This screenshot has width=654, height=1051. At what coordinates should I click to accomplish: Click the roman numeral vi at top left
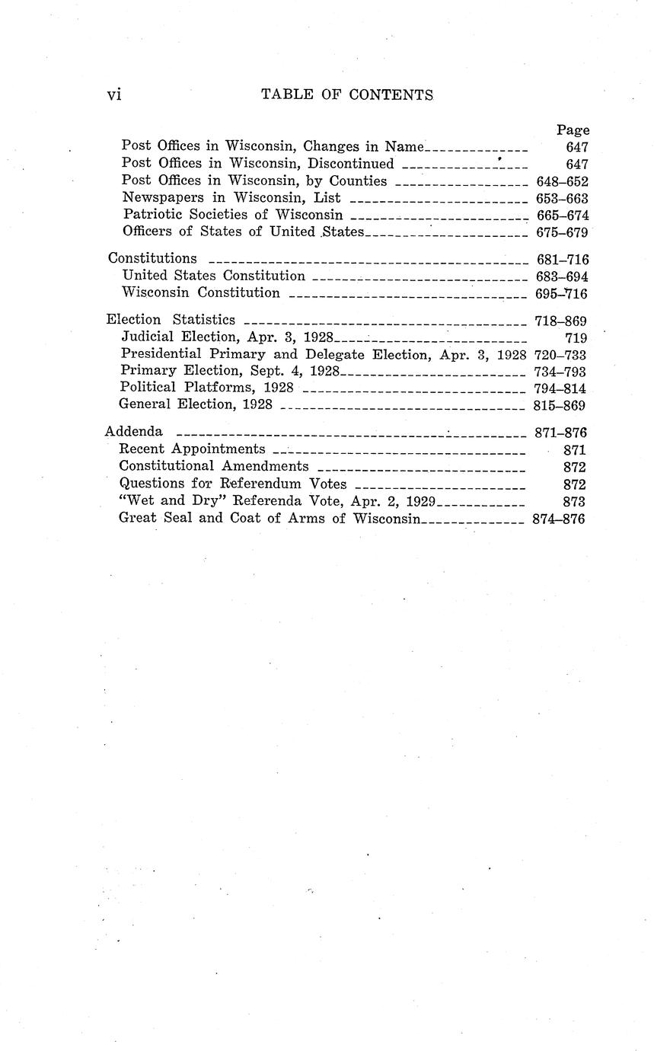114,94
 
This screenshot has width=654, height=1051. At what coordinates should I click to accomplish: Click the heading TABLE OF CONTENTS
347,94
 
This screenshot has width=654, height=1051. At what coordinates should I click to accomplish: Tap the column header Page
573,130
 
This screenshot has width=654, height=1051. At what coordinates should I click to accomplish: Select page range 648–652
561,181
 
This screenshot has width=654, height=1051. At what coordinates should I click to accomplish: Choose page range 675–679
561,232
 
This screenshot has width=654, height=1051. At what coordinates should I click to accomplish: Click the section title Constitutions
152,258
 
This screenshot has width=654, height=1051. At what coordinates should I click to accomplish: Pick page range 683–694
561,276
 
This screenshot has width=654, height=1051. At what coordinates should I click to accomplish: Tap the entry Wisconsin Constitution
201,293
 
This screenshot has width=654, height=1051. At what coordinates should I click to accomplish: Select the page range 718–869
560,321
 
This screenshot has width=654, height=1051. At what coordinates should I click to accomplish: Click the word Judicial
147,337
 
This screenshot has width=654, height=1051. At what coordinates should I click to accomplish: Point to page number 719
576,337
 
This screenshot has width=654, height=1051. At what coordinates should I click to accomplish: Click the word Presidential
161,354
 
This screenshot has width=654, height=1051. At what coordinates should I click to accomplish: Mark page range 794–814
560,388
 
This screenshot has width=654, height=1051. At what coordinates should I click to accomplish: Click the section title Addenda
133,432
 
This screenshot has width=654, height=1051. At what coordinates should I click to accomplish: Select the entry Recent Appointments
192,449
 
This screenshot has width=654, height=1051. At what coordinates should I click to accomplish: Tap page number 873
574,501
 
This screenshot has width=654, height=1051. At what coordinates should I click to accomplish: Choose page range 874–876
558,519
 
